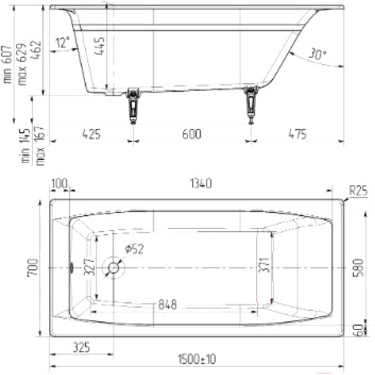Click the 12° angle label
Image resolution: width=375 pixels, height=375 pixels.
click(63, 42)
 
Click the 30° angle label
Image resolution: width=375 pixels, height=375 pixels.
click(317, 54)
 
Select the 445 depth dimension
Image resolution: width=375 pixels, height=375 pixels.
click(100, 46)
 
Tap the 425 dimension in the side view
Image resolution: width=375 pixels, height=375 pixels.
click(91, 134)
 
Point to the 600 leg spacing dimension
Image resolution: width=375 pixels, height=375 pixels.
click(191, 134)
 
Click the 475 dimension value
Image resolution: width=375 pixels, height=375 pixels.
click(297, 134)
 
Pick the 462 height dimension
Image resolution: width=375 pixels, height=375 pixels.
click(37, 50)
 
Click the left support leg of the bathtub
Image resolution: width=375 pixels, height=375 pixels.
click(133, 106)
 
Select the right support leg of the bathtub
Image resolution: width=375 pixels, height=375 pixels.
click(251, 105)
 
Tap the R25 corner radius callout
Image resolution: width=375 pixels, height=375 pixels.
click(358, 191)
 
